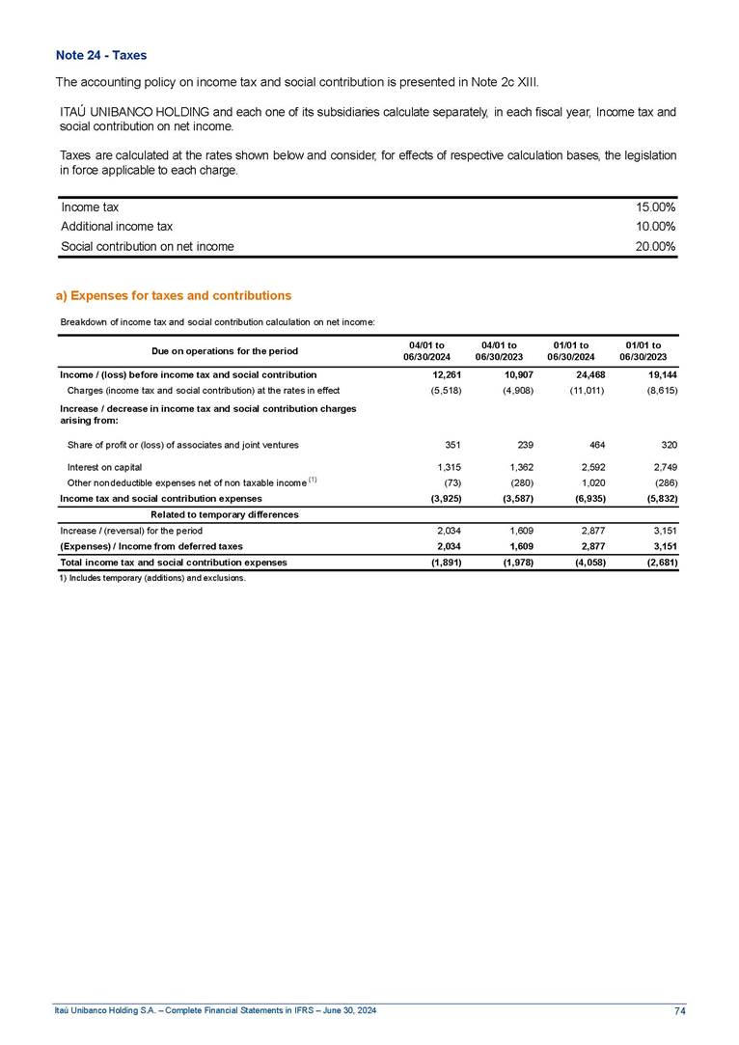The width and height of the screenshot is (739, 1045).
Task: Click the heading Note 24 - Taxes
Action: click(101, 56)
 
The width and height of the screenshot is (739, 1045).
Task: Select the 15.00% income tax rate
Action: click(656, 207)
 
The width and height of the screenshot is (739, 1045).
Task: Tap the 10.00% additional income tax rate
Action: click(656, 227)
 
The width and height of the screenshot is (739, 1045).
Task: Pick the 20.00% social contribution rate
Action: click(656, 246)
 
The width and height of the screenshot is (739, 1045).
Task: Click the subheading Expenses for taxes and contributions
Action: click(174, 295)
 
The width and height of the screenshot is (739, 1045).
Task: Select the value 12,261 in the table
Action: click(447, 373)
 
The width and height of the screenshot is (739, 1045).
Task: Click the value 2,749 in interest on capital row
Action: click(665, 467)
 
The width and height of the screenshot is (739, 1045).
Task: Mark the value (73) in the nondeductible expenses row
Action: click(450, 482)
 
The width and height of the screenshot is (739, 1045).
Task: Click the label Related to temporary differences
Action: click(225, 514)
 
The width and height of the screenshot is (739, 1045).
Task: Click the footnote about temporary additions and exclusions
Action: click(152, 579)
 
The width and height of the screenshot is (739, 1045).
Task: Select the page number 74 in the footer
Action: click(680, 1010)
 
